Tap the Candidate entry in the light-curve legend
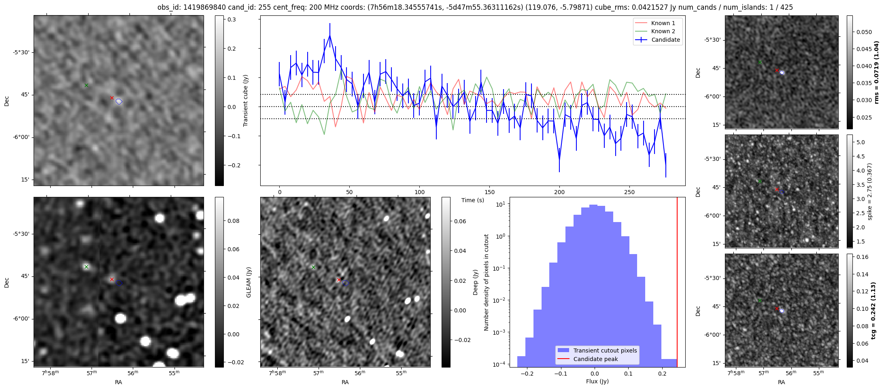coord(665,40)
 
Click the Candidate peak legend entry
coord(595,359)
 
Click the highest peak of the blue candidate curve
coord(330,36)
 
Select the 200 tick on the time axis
coord(559,192)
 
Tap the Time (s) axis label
coord(473,200)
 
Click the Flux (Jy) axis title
coord(597,381)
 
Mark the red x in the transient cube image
coord(112,98)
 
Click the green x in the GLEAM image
coord(86,267)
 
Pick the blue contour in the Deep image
coord(345,283)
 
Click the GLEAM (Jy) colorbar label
coord(249,282)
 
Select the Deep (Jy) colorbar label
coord(476,282)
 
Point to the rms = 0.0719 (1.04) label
coord(877,72)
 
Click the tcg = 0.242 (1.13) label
coord(877,310)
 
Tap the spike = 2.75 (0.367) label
coord(870,191)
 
